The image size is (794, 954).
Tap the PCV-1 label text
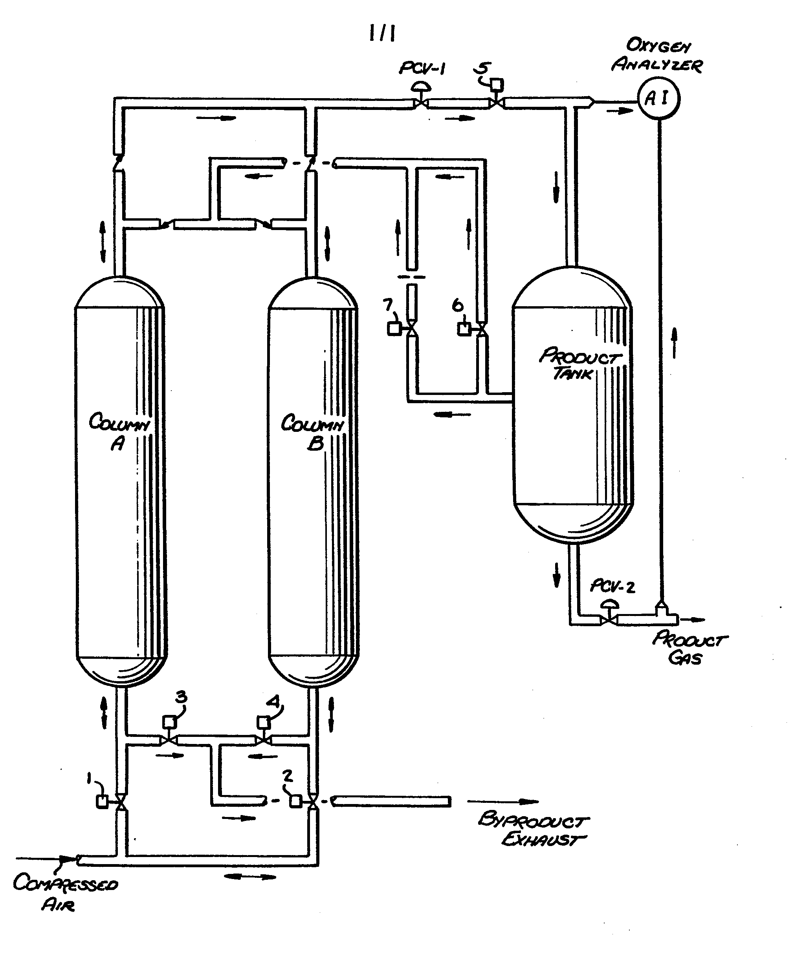pyautogui.click(x=422, y=69)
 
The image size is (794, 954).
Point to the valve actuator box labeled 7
pyautogui.click(x=394, y=329)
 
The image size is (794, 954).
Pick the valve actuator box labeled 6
pyautogui.click(x=464, y=329)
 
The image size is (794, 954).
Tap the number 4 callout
pyautogui.click(x=273, y=702)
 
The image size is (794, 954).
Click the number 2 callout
pyautogui.click(x=287, y=777)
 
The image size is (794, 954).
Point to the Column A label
pyautogui.click(x=119, y=431)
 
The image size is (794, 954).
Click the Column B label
pyautogui.click(x=312, y=432)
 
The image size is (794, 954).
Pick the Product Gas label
pyautogui.click(x=689, y=648)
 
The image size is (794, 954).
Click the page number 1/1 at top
pyautogui.click(x=382, y=33)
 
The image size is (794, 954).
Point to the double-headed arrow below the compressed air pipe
pyautogui.click(x=250, y=877)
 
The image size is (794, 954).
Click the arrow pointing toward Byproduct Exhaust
pyautogui.click(x=502, y=802)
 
